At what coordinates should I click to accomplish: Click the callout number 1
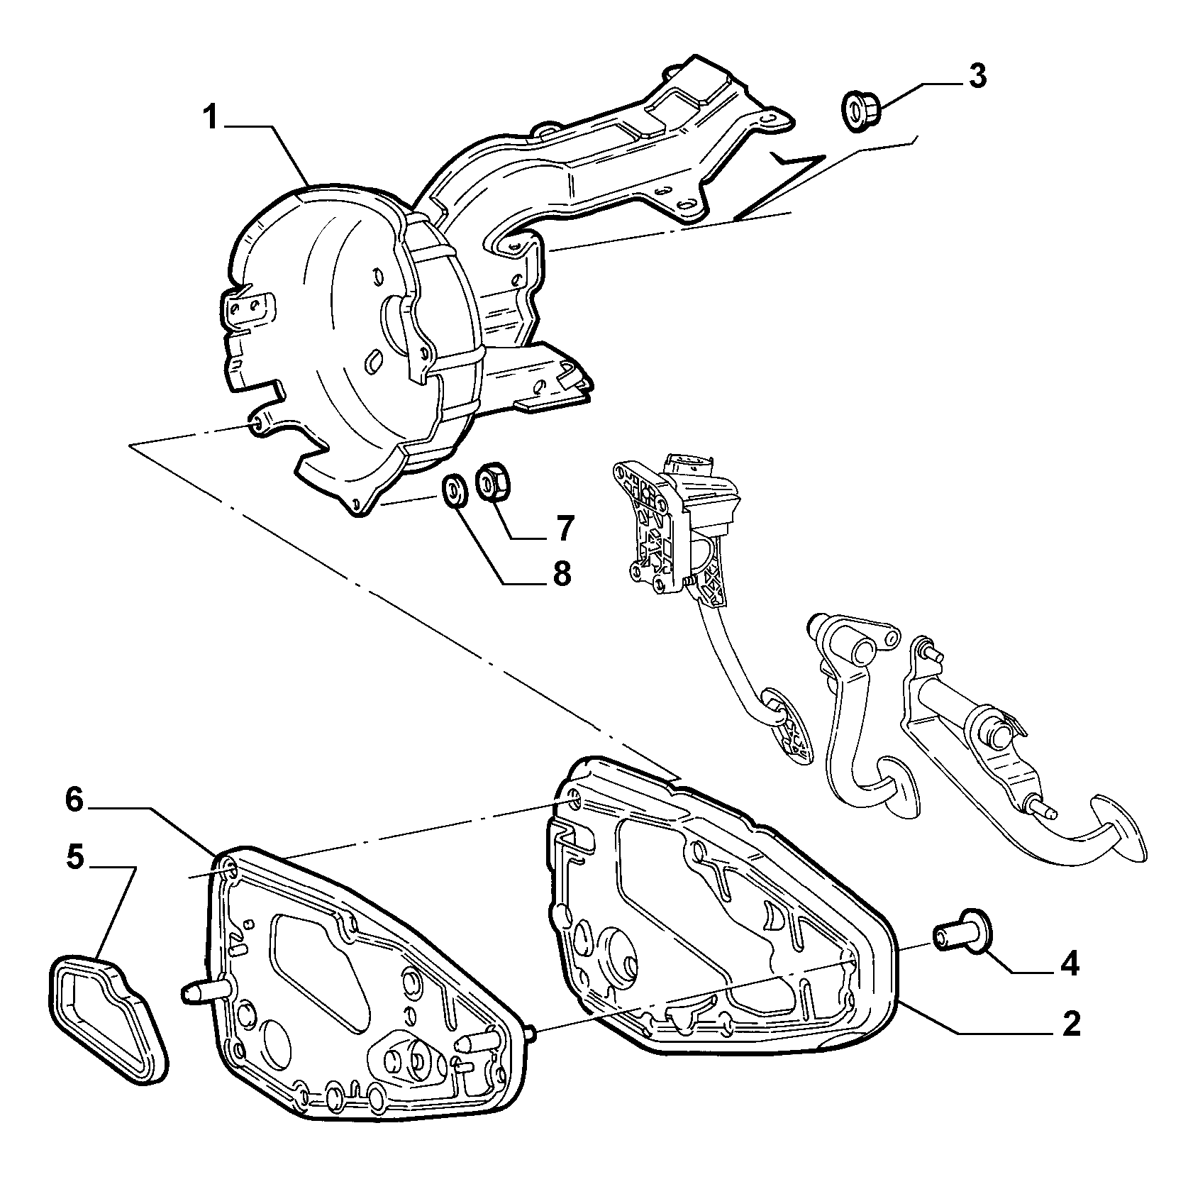210,117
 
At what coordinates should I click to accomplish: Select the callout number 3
977,75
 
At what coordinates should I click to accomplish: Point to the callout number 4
1069,964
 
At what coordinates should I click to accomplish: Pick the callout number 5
75,858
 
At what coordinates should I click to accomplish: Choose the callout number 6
74,800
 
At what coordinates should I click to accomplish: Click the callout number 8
560,573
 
